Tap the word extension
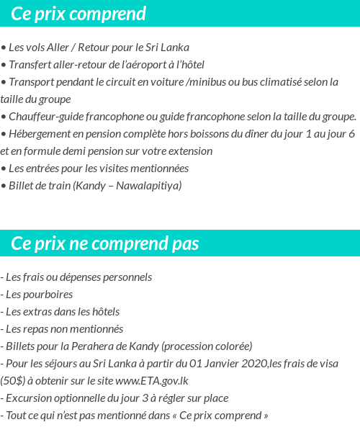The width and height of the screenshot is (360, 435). tap(189, 151)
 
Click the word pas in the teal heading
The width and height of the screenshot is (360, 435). tap(185, 243)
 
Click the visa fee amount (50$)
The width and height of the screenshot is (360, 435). tap(13, 381)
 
